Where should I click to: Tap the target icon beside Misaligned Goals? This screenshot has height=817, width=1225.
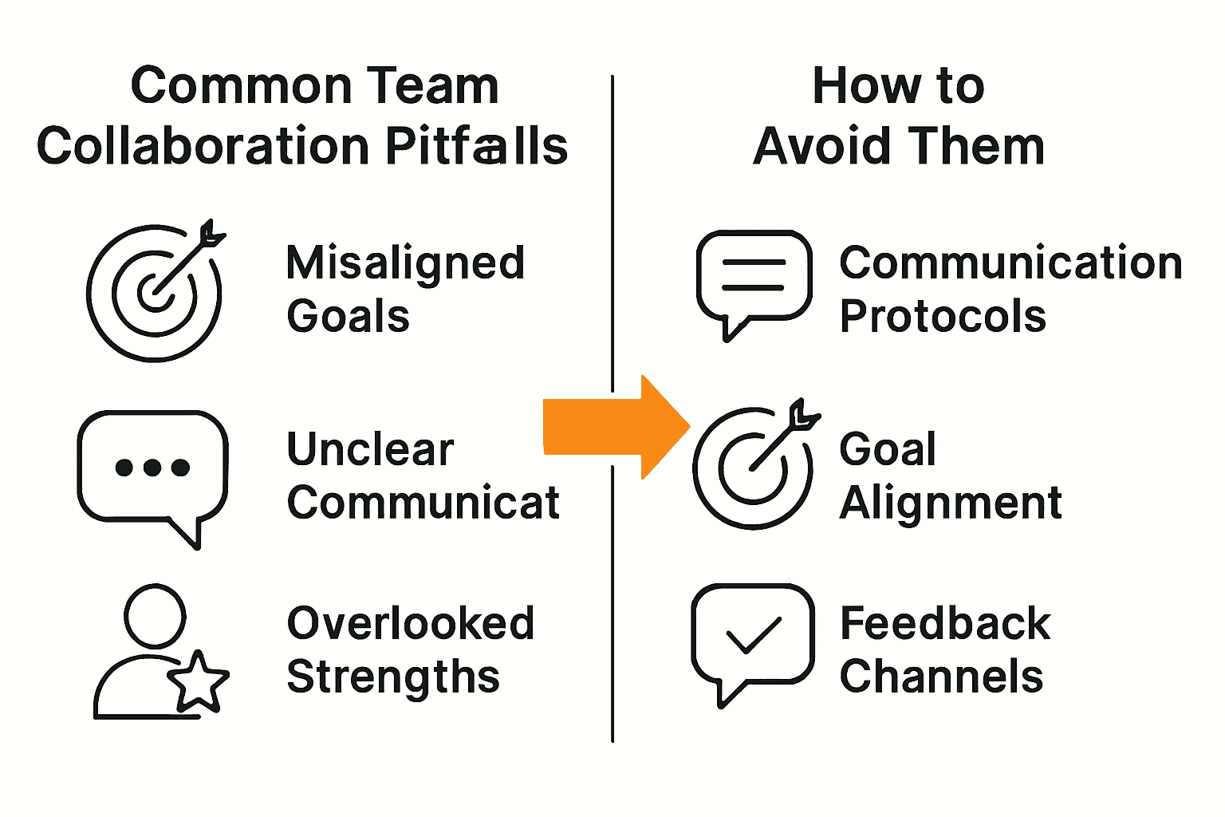pos(155,292)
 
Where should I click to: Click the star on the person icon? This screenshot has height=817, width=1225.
pos(198,681)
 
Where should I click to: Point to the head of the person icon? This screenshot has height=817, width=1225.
pos(155,616)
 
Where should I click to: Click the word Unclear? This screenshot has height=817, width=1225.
pos(370,449)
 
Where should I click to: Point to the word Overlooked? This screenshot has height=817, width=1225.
pos(410,623)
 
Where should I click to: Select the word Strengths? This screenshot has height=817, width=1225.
pos(393,677)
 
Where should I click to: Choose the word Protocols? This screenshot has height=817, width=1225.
pos(943,317)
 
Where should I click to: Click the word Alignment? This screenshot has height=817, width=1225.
pos(951,503)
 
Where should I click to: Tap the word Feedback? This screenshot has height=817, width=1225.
pos(945,623)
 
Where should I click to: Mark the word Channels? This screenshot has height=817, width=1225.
pos(941,677)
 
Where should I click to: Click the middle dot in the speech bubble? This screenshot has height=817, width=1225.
pos(152,468)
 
